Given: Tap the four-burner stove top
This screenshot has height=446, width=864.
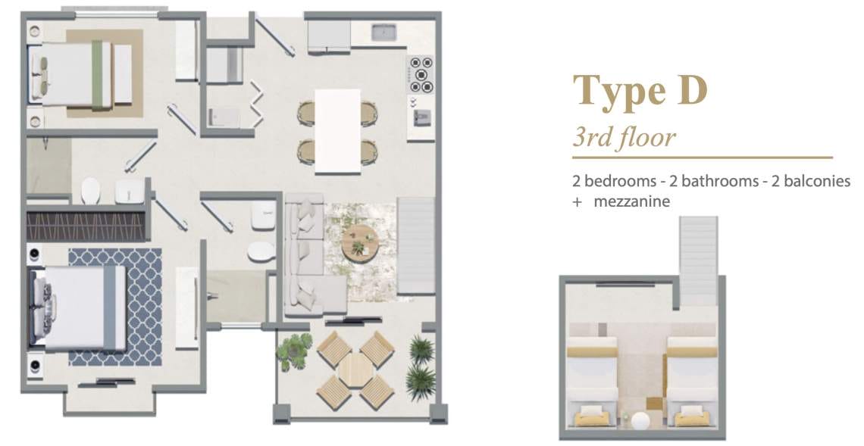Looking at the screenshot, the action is click(421, 73).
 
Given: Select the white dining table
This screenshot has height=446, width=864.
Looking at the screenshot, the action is click(338, 131).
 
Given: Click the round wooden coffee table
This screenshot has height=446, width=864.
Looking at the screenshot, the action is click(360, 242).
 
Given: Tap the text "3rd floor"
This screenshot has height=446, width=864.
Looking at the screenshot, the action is click(624, 136).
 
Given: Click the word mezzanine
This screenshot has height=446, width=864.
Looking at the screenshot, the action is click(631, 201).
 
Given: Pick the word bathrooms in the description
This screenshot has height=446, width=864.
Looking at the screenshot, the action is click(719, 181).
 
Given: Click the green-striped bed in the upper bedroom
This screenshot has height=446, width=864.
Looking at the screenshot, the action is click(83, 73).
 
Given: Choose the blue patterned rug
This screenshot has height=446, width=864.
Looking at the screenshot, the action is click(115, 307).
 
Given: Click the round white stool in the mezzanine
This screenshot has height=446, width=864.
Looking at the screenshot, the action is click(641, 422).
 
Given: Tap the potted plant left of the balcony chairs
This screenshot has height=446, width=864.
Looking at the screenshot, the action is click(293, 351).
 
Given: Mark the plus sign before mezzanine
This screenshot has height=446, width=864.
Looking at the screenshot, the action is click(577, 202).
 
